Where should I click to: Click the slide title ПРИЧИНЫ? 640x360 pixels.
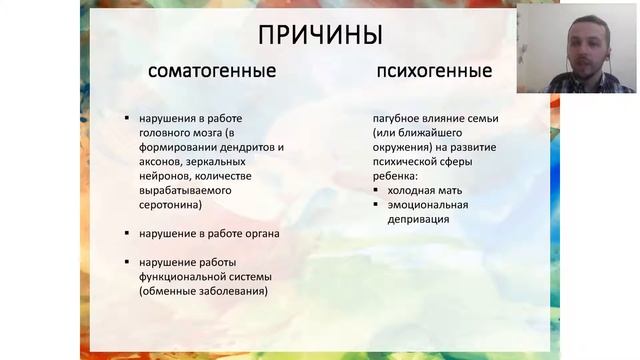pyautogui.click(x=320, y=35)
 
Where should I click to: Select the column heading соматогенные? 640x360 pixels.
pyautogui.click(x=212, y=72)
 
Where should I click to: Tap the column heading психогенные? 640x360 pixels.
pyautogui.click(x=434, y=72)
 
